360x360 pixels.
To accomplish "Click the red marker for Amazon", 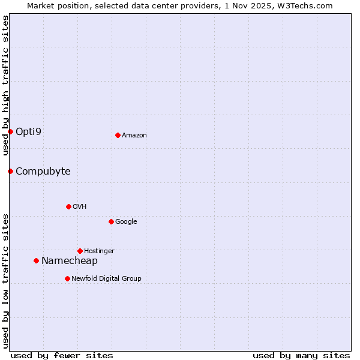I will point(118,135).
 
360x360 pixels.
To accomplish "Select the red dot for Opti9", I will point(10,131).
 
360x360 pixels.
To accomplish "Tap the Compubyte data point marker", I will point(10,171).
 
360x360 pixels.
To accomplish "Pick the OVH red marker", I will point(68,206).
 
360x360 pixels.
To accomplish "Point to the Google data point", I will point(111,221).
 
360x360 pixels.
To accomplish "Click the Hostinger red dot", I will point(80,251).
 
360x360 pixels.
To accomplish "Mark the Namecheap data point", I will point(36,260).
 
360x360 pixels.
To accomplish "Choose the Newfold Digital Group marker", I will point(67,278).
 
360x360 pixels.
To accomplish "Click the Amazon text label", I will point(134,136).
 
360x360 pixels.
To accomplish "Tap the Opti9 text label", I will point(28,131).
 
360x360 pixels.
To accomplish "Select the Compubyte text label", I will point(43,171).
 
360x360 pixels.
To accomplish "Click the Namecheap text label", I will point(69,260).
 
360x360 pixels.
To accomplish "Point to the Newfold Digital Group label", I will point(106,278).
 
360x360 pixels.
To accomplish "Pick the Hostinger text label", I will point(99,251).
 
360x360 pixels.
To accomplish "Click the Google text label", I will point(126,221).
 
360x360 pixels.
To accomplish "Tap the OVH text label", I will point(79,206).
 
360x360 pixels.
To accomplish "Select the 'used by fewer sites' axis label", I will point(62,355).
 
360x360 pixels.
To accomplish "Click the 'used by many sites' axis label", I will point(301,355).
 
